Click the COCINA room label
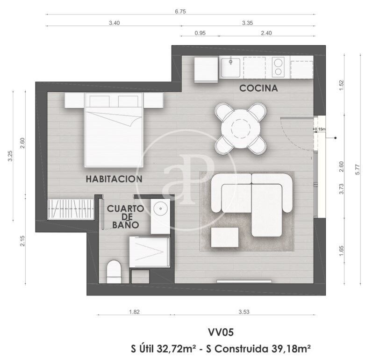pyautogui.click(x=258, y=88)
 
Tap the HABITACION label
pyautogui.click(x=114, y=179)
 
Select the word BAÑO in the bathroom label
pyautogui.click(x=126, y=224)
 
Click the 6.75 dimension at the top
pyautogui.click(x=180, y=11)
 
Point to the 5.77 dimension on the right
pyautogui.click(x=358, y=169)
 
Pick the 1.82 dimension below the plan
pyautogui.click(x=134, y=312)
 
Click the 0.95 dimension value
pyautogui.click(x=200, y=33)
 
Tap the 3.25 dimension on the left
pyautogui.click(x=10, y=156)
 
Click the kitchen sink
pyautogui.click(x=230, y=67)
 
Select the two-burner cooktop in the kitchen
pyautogui.click(x=278, y=67)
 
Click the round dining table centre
pyautogui.click(x=241, y=129)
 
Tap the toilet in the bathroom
pyautogui.click(x=114, y=272)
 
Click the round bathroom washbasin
pyautogui.click(x=161, y=209)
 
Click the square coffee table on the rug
pyautogui.click(x=225, y=238)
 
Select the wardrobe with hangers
pyautogui.click(x=71, y=209)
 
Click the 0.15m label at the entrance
pyautogui.click(x=320, y=129)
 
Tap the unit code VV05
pyautogui.click(x=221, y=332)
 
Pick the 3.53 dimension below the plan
pyautogui.click(x=244, y=312)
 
